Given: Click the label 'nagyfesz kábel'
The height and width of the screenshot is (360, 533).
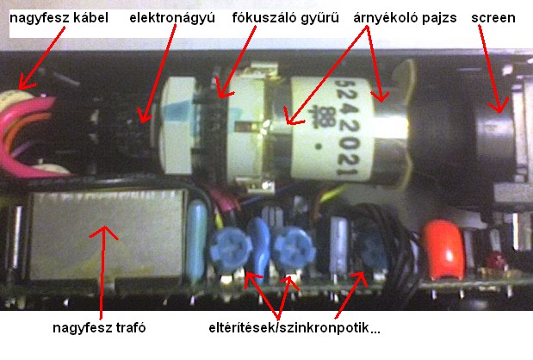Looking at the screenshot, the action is pyautogui.click(x=59, y=18).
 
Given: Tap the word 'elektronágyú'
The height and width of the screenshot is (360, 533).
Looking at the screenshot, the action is pyautogui.click(x=172, y=18).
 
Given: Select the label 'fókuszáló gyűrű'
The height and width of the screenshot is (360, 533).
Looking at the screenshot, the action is pyautogui.click(x=286, y=18).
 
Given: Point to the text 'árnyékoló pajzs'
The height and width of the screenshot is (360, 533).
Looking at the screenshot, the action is pyautogui.click(x=405, y=18).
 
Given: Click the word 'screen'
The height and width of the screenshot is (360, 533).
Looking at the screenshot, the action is pyautogui.click(x=493, y=18).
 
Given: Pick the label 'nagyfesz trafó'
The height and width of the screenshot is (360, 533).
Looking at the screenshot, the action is pyautogui.click(x=99, y=328).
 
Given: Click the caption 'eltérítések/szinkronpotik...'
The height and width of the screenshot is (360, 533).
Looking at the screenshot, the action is pyautogui.click(x=294, y=328).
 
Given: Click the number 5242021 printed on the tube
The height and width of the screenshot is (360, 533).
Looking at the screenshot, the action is pyautogui.click(x=346, y=127).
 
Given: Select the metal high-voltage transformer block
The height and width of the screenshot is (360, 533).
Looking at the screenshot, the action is pyautogui.click(x=107, y=234).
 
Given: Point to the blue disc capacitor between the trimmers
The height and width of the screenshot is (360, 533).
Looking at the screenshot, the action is pyautogui.click(x=259, y=248).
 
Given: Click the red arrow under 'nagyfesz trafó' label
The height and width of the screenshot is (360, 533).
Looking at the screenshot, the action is pyautogui.click(x=102, y=273).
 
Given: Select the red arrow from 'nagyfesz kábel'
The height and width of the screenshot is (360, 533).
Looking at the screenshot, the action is pyautogui.click(x=41, y=58).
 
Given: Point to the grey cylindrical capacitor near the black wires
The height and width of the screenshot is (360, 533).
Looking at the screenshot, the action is pyautogui.click(x=338, y=245).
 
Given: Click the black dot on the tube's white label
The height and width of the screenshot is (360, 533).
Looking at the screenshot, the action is pyautogui.click(x=319, y=147).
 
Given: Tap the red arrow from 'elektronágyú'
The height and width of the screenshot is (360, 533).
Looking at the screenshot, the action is pyautogui.click(x=159, y=73).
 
